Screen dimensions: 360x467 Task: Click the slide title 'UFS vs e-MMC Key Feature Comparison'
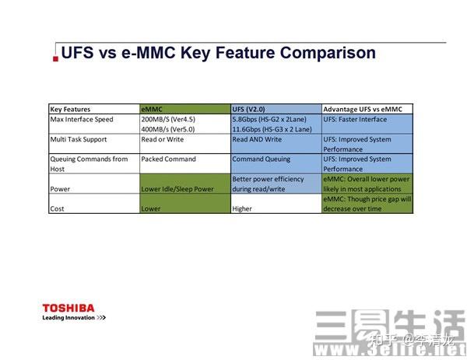coord(218,53)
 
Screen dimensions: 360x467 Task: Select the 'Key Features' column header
coord(70,109)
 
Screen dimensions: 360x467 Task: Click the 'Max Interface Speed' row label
coord(82,119)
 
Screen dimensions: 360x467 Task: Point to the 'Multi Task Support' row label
coord(79,139)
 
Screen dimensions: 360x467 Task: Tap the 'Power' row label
coord(60,188)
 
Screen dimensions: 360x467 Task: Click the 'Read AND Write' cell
coord(258,139)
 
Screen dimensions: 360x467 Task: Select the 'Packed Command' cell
coord(169,159)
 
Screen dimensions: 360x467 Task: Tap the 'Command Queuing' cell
coord(262,159)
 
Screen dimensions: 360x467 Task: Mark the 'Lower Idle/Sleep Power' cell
coord(178,188)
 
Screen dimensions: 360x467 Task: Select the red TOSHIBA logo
coord(68,308)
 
